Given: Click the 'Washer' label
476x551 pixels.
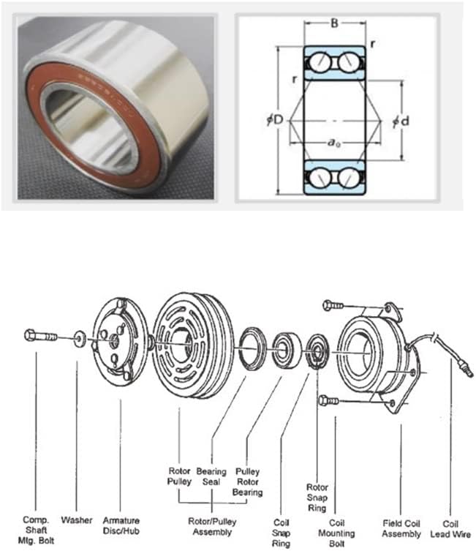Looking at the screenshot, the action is (x=77, y=520).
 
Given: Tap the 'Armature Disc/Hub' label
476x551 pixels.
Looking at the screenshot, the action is (x=121, y=525).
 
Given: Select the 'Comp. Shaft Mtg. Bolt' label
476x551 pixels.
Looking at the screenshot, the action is (x=36, y=530).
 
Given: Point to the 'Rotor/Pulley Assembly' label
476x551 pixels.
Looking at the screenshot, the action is (x=212, y=526).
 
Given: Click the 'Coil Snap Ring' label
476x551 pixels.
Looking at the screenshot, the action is (x=282, y=533).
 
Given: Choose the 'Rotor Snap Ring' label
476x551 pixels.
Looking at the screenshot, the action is (x=317, y=498).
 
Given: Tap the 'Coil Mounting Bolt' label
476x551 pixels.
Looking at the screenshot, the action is (x=336, y=533).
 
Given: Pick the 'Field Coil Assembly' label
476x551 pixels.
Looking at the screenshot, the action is (x=401, y=528).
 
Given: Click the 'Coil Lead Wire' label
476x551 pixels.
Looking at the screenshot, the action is (x=450, y=529).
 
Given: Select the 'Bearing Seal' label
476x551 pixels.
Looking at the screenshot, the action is (x=211, y=476).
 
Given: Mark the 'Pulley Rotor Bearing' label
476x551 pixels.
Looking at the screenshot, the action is (x=247, y=481).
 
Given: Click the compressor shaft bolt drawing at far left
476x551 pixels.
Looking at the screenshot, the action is (x=40, y=336).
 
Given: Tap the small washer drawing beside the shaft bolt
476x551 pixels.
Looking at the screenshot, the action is (x=80, y=339).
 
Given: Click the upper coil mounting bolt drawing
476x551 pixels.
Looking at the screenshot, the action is (x=333, y=305).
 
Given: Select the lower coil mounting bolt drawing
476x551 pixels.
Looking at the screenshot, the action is (x=328, y=400).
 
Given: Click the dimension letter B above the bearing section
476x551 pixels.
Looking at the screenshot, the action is (x=335, y=23).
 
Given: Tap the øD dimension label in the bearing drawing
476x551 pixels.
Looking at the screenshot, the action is (x=275, y=120).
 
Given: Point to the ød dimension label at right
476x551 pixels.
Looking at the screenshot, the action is (x=401, y=121).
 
